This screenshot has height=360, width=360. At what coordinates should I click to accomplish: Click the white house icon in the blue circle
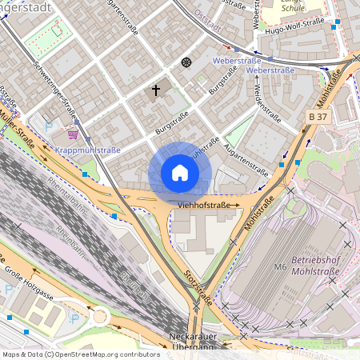180,173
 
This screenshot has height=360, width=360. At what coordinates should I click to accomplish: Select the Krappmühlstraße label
89,150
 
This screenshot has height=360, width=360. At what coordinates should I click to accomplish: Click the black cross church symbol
156,90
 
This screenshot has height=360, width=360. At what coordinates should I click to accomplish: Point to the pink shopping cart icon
73,134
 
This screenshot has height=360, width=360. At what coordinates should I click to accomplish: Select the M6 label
280,266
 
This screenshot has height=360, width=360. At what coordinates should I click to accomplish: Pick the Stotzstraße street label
200,286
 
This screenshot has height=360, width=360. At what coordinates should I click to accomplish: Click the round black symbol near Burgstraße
186,62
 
